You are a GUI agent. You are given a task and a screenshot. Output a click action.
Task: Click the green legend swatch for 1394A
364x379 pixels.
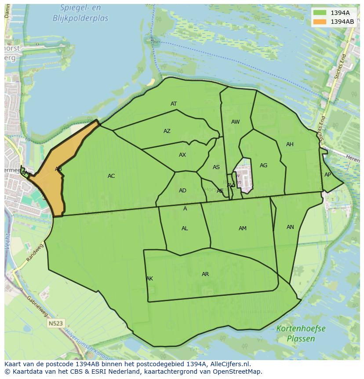(320, 13)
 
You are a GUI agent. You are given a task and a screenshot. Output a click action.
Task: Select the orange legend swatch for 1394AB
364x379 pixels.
(320, 22)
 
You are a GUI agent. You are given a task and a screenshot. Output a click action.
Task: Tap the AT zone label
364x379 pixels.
(174, 104)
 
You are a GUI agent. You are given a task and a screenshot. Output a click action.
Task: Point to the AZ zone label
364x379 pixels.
(167, 131)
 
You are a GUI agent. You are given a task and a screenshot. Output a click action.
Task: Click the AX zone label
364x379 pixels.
(182, 155)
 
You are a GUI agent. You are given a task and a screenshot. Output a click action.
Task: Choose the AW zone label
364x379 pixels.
(236, 122)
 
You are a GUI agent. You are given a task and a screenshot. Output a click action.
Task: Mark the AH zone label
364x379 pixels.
(290, 144)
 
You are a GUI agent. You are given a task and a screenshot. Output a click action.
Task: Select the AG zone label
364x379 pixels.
(263, 166)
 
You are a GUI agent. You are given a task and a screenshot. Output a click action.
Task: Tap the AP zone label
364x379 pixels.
(328, 175)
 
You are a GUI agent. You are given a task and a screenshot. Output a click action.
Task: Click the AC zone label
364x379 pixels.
(111, 176)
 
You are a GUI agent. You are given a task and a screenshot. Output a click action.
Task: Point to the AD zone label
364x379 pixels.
(182, 191)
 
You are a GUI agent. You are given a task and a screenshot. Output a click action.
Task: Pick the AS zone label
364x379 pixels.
(216, 167)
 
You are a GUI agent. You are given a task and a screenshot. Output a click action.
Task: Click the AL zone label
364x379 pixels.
(185, 228)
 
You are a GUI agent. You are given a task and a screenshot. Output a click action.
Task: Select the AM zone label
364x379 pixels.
(243, 228)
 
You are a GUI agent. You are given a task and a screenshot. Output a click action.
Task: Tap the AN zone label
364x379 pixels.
(290, 227)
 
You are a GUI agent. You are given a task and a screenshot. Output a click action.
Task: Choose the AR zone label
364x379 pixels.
(205, 274)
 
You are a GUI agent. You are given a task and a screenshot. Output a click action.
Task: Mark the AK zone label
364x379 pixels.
(149, 279)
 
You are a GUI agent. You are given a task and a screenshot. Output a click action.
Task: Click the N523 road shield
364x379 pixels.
(56, 324)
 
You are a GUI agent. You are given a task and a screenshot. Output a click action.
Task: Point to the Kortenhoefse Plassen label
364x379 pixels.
(301, 334)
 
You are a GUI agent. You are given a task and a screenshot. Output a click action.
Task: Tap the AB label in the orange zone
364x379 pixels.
(58, 169)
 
